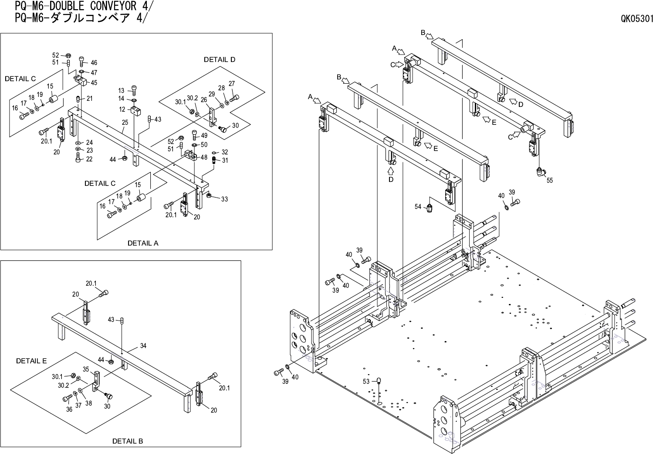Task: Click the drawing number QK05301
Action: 637,19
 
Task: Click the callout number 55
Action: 549,180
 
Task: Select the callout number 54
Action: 418,207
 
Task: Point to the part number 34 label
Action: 143,346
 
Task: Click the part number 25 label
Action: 125,123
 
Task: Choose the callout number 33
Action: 224,199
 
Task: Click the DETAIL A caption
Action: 143,243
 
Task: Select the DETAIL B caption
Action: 128,441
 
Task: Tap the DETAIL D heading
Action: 220,59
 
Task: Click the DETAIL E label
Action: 31,361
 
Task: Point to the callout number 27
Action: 232,84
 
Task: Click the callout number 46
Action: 94,63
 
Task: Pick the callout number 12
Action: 122,109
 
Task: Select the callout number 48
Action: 204,157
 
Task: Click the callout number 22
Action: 89,159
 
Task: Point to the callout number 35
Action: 86,369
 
